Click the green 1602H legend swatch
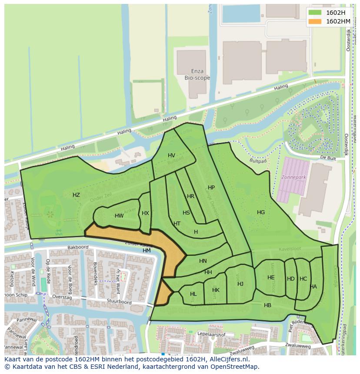316,13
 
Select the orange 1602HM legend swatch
316,21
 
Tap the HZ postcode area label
76,195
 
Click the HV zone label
171,156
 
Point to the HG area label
261,212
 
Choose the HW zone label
119,216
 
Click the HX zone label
145,213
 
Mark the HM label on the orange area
147,251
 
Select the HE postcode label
271,278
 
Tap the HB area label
267,305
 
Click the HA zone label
313,287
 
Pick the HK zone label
216,290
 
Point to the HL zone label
193,294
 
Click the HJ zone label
240,284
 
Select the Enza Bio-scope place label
197,75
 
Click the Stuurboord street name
120,301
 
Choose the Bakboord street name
78,247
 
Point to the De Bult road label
328,158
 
